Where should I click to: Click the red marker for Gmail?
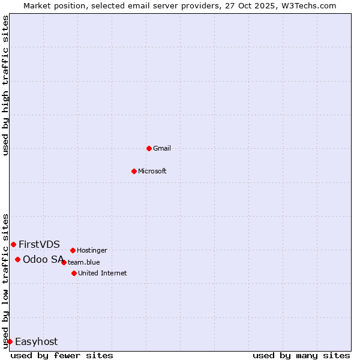point(149,148)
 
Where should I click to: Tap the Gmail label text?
point(162,149)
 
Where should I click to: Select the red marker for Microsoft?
point(134,171)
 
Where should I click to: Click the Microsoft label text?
point(152,172)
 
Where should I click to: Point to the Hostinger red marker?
point(73,250)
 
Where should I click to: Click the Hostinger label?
point(92,251)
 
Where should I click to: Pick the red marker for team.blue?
point(64,262)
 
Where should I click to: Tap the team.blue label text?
point(84,262)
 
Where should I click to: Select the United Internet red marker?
point(74,273)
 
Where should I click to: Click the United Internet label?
point(103,274)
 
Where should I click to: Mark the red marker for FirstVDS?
point(13,244)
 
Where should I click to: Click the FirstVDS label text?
point(39,244)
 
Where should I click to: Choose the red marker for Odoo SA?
point(17,259)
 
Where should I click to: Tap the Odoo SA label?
point(43,259)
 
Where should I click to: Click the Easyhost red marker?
point(10,341)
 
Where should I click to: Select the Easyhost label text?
point(37,342)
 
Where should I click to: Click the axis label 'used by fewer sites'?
point(62,355)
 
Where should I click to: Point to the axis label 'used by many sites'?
point(301,355)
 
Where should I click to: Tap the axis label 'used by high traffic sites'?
point(5,85)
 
